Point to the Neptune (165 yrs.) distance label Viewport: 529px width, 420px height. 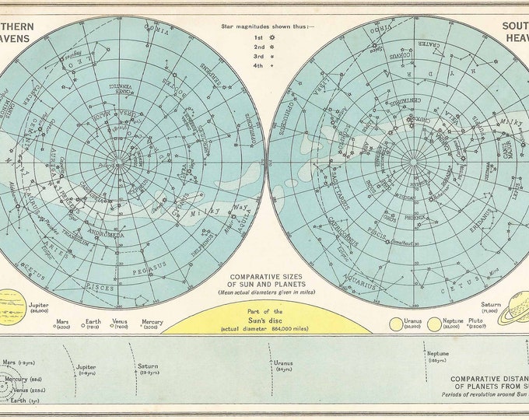pos(438,355)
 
